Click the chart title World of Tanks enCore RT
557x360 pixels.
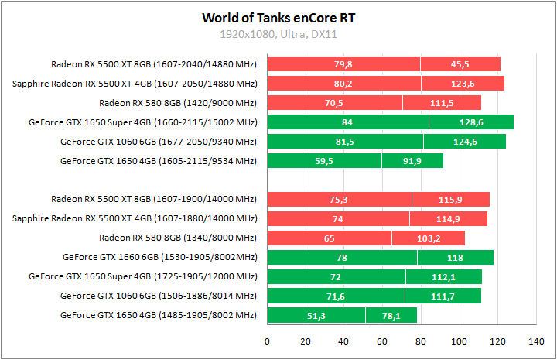[x=278, y=17]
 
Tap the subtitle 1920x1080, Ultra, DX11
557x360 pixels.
[x=278, y=34]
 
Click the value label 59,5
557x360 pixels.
[x=324, y=161]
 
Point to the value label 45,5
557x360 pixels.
[x=460, y=64]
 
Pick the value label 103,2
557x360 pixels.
[x=428, y=238]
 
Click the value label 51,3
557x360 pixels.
[x=316, y=315]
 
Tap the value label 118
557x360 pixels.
[x=455, y=257]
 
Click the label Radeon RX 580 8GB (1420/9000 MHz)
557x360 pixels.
[x=178, y=103]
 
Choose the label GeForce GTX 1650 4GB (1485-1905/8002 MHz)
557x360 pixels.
[x=158, y=315]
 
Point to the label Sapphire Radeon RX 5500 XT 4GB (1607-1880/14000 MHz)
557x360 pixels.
[x=135, y=218]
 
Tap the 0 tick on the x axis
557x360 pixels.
[x=268, y=341]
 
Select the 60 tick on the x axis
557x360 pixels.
[x=382, y=341]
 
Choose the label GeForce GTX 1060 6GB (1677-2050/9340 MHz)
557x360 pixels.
[x=158, y=142]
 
